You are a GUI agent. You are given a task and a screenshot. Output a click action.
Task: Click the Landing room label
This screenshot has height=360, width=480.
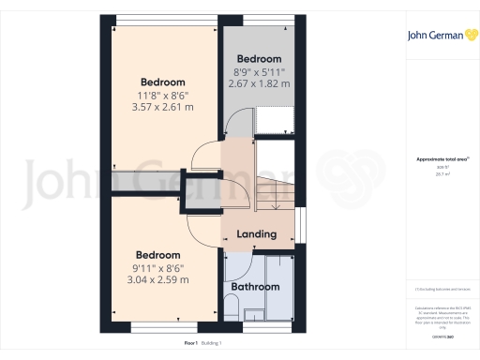click(256, 233)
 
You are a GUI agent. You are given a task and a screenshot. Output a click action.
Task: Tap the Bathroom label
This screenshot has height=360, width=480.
click(256, 286)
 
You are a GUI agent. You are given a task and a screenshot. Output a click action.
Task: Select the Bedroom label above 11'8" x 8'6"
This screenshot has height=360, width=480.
click(163, 81)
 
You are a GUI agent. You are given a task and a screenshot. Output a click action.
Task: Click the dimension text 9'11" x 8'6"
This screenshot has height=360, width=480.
click(158, 268)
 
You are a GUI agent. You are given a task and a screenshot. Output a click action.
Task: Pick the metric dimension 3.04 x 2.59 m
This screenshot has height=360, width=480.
click(158, 280)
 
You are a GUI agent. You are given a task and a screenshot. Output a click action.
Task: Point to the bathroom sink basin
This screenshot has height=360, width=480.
click(254, 312)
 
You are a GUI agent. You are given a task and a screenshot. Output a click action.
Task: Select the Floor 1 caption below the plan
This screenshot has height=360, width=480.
click(190, 344)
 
